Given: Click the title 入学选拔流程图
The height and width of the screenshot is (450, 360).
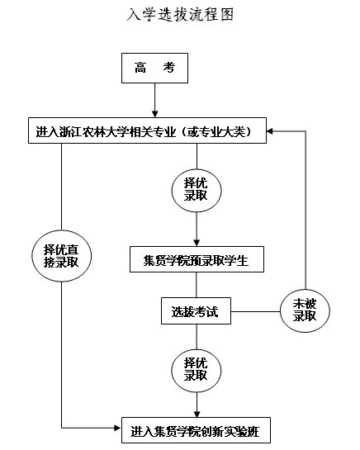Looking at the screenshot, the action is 180,14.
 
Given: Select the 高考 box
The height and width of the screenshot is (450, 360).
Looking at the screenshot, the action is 154,68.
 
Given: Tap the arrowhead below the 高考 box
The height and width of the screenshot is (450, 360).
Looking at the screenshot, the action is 155,113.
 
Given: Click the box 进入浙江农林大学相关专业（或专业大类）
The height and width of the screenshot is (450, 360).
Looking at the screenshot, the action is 147,130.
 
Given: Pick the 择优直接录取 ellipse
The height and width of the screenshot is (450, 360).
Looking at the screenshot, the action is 61,256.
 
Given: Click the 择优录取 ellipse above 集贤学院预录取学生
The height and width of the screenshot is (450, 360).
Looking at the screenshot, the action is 197,191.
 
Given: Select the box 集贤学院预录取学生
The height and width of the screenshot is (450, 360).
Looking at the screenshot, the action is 197,259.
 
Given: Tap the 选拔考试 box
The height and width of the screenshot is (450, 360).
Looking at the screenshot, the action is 196,310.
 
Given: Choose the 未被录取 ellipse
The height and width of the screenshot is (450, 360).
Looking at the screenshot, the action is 305,310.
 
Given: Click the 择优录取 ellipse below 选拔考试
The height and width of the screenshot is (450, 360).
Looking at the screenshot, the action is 197,371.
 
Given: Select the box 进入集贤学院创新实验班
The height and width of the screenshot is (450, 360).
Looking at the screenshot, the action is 196,430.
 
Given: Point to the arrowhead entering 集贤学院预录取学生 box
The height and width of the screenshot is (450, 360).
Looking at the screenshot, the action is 197,242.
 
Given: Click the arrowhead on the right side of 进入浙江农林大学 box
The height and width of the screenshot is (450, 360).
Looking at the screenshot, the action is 270,131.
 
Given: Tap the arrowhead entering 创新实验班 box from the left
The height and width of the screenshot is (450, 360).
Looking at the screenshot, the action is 118,429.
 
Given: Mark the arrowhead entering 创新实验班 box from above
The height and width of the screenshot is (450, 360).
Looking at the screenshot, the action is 197,414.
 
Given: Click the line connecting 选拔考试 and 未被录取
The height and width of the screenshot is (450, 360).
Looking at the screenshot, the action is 255,311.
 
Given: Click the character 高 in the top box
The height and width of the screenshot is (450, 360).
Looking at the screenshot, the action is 140,68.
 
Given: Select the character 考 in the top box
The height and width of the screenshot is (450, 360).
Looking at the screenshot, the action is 169,68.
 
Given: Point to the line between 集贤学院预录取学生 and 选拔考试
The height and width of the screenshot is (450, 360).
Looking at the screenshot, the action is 197,285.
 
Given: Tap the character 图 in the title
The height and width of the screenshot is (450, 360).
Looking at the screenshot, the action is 227,14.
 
